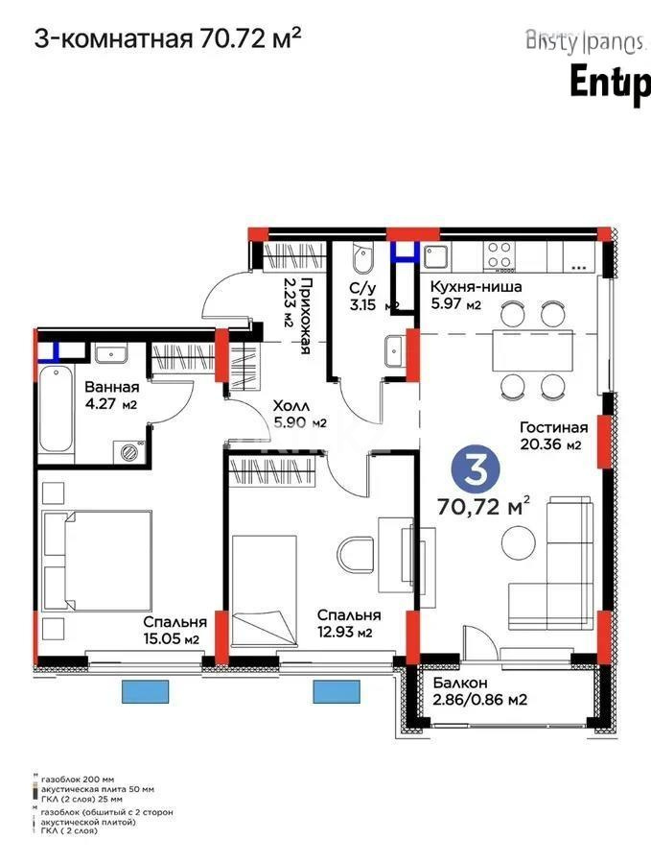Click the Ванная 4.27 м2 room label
click(x=111, y=396)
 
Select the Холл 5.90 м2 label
click(x=300, y=414)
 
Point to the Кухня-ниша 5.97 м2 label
click(x=462, y=295)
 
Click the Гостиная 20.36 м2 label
click(x=553, y=436)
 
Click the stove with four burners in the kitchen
click(x=499, y=254)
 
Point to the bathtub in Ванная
click(x=58, y=408)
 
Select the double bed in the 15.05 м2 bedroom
click(x=97, y=561)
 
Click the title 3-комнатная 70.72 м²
click(x=169, y=38)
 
